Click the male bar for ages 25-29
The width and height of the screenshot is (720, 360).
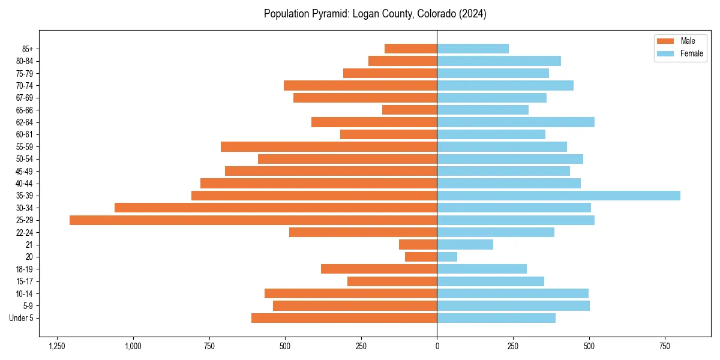tap(253, 220)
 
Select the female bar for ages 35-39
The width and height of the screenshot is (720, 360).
tap(559, 196)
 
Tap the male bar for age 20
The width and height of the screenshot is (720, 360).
tap(421, 257)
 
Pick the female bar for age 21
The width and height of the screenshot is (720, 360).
tap(465, 245)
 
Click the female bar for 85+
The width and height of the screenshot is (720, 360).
tap(473, 49)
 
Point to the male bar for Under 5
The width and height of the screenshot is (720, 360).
tap(344, 318)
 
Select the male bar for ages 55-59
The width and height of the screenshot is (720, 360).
tap(329, 147)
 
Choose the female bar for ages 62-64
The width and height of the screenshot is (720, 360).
tap(515, 122)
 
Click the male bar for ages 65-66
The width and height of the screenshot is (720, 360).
tap(410, 110)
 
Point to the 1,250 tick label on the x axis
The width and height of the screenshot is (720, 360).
tap(57, 346)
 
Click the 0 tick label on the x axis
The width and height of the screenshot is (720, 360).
tap(437, 346)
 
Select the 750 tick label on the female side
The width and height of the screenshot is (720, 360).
tap(665, 346)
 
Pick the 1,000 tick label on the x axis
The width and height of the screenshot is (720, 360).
tap(133, 346)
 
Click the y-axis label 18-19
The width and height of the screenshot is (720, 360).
tap(25, 269)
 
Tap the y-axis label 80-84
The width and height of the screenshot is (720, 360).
tap(25, 61)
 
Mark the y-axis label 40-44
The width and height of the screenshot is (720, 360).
tap(25, 184)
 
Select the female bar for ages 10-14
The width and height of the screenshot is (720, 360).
tap(512, 293)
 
